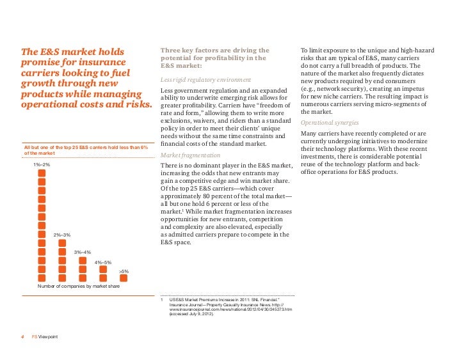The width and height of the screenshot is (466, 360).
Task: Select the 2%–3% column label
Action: coord(62,235)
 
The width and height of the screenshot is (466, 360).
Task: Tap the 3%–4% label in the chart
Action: coord(83,253)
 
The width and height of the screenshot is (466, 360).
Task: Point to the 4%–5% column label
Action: coord(103,262)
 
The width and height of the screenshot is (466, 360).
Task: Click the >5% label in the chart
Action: coord(124,272)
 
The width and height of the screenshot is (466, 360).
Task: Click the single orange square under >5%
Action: coord(124,279)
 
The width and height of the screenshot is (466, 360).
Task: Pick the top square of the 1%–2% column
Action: coord(42,173)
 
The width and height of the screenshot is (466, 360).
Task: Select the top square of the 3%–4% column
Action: coord(83,260)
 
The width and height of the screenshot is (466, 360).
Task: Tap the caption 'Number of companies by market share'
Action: coord(78,286)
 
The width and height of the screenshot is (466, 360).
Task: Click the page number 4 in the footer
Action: coord(24,337)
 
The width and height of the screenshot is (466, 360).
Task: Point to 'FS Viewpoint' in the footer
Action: coord(45,337)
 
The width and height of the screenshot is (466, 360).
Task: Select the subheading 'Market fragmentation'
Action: coord(190,155)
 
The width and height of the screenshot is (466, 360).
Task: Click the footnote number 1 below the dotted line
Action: coord(163,299)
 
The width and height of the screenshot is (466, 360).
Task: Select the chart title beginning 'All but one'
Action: coord(86,150)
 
